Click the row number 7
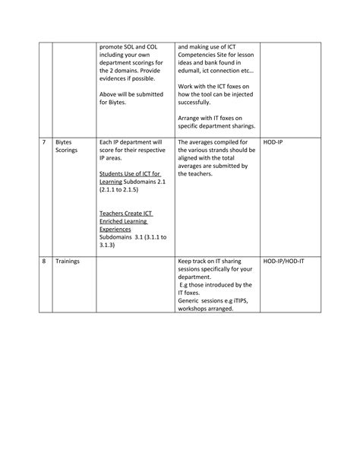(43, 142)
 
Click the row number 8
(43, 261)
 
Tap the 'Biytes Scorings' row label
(66, 146)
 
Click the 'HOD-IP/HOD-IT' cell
(284, 261)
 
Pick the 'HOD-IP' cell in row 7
(273, 142)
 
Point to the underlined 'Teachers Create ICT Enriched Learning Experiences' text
(127, 220)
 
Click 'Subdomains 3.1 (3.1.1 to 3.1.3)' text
(128, 241)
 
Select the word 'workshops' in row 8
(195, 309)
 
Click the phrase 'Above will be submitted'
(132, 94)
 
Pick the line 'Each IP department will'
(131, 142)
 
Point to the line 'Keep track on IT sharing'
(211, 261)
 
